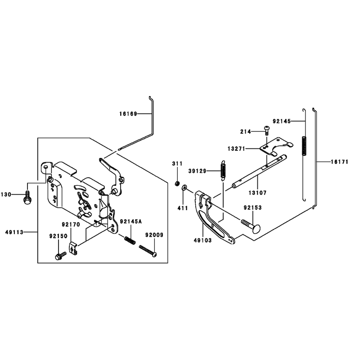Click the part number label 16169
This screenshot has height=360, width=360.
[128, 114]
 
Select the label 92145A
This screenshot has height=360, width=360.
[131, 221]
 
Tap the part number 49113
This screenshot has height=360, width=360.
[14, 232]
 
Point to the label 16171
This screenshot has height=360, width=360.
[340, 162]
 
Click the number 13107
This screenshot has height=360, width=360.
[257, 193]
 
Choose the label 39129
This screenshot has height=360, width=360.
[198, 171]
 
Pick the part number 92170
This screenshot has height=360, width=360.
[71, 225]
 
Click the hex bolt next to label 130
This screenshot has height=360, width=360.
[27, 199]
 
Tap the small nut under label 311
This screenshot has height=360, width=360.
[177, 184]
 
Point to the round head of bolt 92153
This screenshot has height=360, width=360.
[256, 229]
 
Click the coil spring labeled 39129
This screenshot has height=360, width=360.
[223, 170]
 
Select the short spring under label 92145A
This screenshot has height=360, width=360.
[130, 241]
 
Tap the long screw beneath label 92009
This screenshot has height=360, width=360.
[148, 251]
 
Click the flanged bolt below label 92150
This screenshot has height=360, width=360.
[61, 256]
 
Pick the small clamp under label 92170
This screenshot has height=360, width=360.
[73, 248]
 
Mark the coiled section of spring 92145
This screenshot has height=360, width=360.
[304, 146]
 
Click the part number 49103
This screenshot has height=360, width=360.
[203, 240]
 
